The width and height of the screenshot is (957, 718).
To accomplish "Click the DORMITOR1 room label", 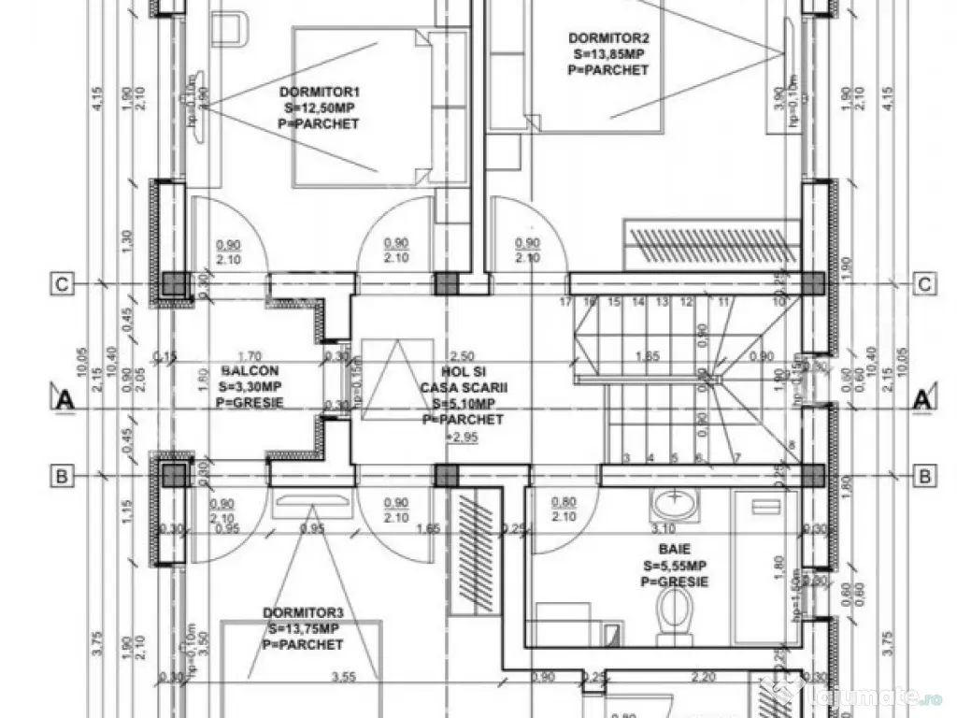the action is (319, 92).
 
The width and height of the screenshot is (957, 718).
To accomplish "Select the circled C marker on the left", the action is (62, 284).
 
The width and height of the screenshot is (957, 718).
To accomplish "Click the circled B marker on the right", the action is (924, 476).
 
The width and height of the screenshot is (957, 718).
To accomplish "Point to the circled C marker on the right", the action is (924, 284).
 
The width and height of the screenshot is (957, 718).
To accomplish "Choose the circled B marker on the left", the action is (62, 476).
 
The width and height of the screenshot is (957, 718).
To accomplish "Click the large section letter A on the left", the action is (65, 400).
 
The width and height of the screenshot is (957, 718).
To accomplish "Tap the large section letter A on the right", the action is (921, 400).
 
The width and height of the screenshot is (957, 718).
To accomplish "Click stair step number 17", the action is (565, 302).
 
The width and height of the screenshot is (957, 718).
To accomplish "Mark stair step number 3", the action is (626, 457).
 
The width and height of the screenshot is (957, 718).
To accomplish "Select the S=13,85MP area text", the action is (607, 54).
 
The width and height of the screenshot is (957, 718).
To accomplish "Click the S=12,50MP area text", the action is (319, 108).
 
